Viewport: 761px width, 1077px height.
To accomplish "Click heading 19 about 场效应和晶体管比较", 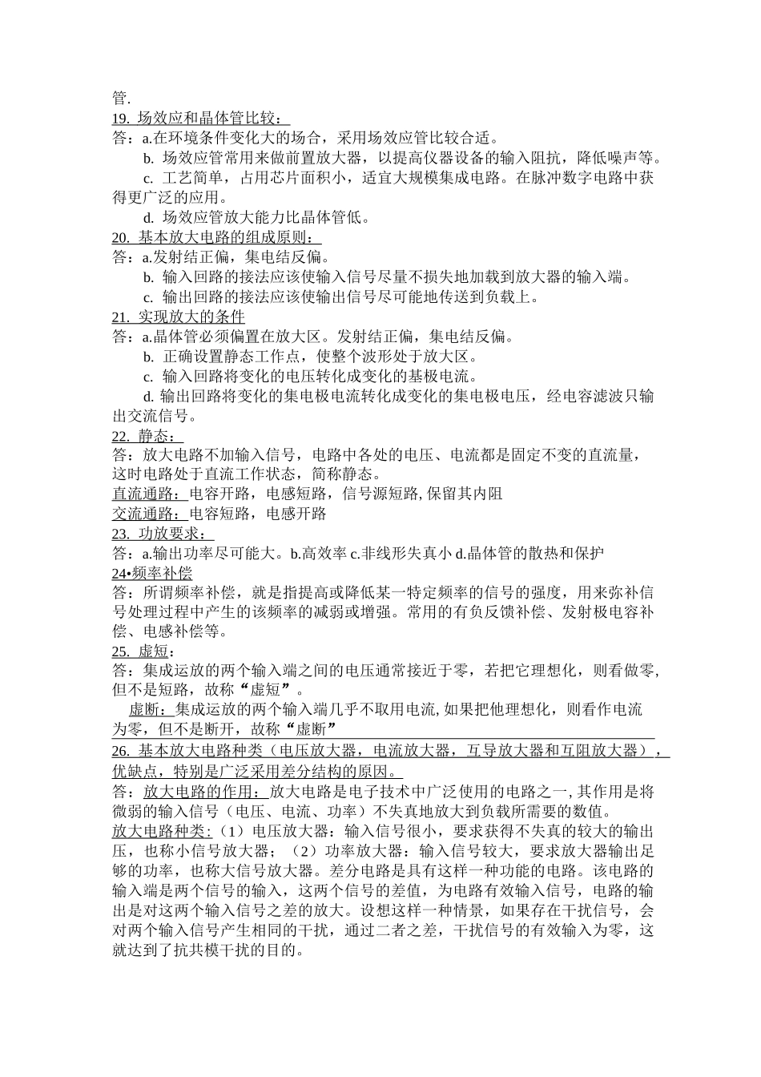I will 200,119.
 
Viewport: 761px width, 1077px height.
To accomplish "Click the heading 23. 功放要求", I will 163,533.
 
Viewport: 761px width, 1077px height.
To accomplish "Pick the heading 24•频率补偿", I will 152,572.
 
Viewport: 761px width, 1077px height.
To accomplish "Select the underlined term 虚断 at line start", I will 147,709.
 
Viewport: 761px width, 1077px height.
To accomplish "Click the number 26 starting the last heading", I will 120,751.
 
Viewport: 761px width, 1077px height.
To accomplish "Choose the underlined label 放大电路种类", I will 161,830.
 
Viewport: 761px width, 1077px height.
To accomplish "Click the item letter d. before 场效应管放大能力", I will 148,217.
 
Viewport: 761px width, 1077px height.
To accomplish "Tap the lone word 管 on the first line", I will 120,99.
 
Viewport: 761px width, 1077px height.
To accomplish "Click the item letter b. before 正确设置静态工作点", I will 148,357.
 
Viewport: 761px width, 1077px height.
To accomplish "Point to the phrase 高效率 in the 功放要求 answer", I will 324,553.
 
